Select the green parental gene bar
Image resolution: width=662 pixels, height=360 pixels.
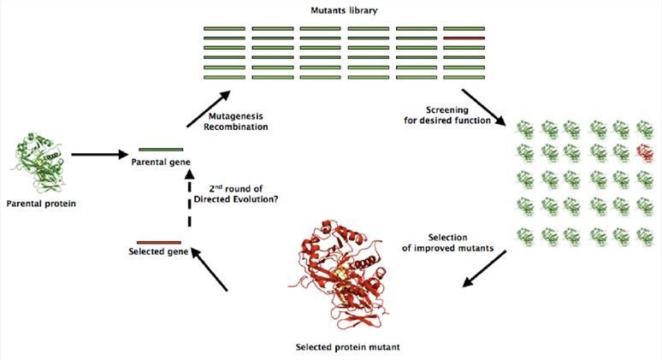pos(161,150)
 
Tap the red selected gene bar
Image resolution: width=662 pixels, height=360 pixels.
pos(159,242)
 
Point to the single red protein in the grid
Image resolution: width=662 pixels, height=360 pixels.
pos(645,153)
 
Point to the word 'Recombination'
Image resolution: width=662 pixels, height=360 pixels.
pos(239,127)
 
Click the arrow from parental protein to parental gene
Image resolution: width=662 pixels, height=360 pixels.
pos(98,156)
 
